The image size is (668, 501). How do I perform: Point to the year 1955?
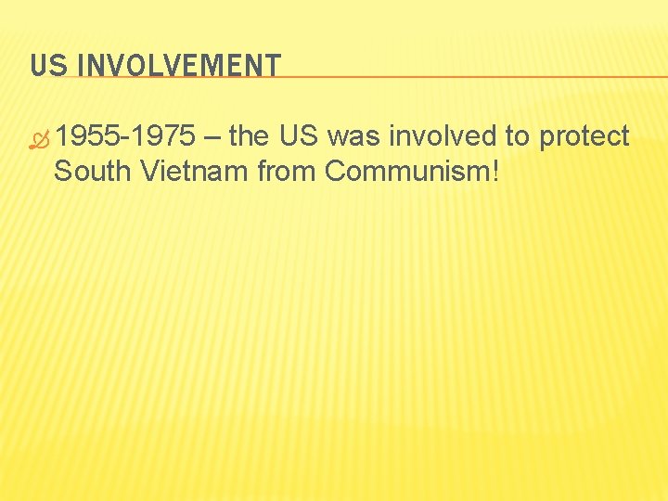pos(89,137)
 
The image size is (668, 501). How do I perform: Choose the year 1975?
pos(163,137)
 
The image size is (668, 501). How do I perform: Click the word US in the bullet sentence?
pos(299,137)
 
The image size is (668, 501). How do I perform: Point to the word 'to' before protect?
pos(517,137)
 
